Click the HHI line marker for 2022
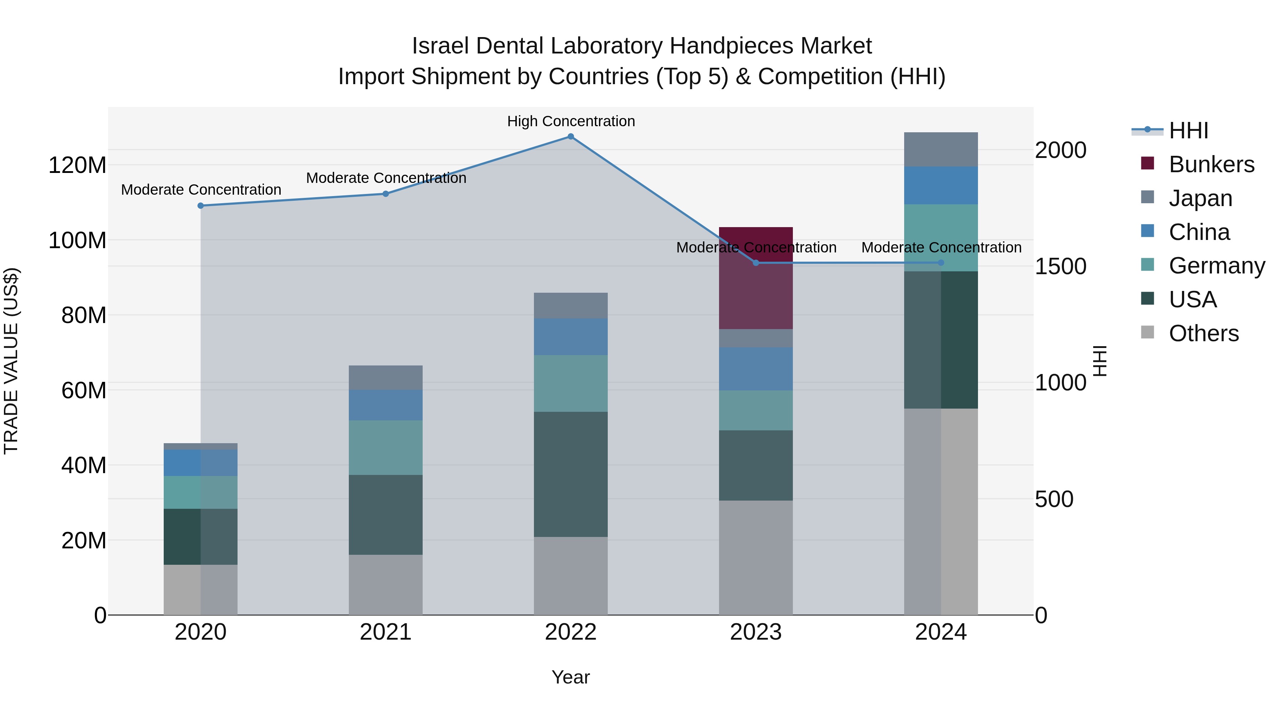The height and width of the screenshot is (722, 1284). [571, 137]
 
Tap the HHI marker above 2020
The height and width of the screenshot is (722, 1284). [200, 206]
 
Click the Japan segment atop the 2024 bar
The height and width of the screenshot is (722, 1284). [941, 149]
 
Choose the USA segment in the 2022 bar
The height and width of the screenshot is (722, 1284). [571, 474]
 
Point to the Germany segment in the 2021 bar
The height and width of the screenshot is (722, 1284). [385, 447]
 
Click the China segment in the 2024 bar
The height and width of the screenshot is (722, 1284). [941, 185]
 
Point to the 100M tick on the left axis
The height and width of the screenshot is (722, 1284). [77, 240]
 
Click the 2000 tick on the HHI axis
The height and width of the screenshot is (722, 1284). [1060, 150]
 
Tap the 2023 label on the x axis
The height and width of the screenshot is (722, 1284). [756, 632]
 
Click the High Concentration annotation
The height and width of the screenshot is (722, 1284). [571, 121]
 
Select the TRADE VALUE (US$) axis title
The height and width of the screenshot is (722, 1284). [11, 361]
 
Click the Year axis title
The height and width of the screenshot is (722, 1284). [571, 677]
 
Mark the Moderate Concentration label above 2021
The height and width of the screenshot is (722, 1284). [386, 178]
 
